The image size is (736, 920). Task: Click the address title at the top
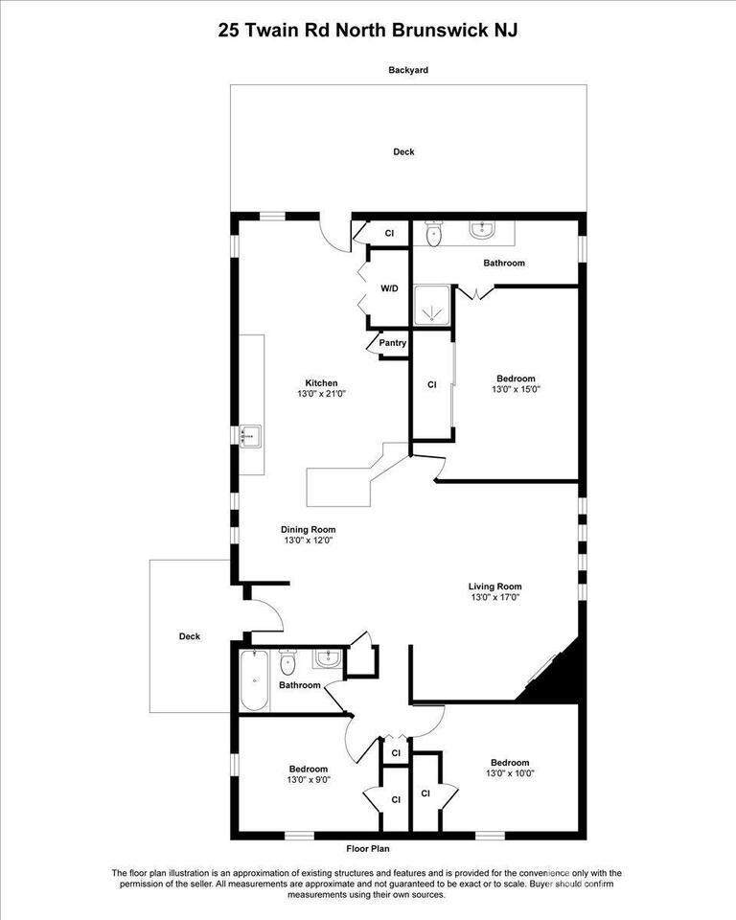coord(367,31)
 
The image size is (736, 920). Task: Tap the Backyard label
coord(408,70)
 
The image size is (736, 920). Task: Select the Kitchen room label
coord(321,383)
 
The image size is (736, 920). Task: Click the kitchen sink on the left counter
coord(251,436)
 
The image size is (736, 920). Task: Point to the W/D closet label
coord(389,288)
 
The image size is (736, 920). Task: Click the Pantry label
coord(393,343)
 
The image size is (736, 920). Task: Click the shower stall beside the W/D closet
coord(432,305)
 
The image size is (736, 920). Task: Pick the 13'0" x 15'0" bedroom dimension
coord(516,389)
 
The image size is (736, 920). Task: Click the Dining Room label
coord(309,529)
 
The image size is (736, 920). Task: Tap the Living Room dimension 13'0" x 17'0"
coord(495,597)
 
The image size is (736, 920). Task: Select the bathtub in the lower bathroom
coord(254,680)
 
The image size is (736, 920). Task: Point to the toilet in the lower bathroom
coord(287,662)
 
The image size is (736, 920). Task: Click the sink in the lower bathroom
coord(328,658)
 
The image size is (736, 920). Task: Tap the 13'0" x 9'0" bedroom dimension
coord(309,780)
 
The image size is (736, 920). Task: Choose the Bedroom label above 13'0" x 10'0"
coord(510,763)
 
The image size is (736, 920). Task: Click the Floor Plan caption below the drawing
coord(367,848)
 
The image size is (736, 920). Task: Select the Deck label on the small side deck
coord(190,636)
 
